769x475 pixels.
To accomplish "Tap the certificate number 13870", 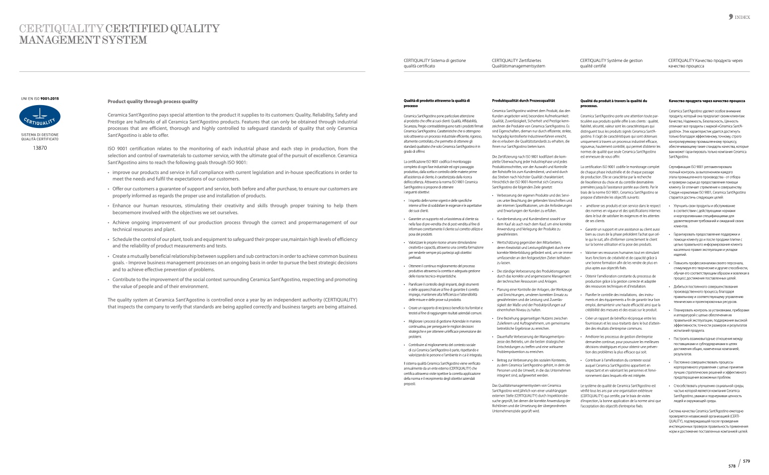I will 40,148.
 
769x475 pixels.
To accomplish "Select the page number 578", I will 732,466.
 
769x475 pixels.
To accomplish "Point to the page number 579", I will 746,461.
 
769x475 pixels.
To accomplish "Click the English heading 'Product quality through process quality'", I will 152,102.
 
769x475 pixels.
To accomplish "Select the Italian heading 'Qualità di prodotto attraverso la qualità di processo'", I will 437,103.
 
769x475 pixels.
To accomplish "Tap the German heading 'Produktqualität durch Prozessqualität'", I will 523,101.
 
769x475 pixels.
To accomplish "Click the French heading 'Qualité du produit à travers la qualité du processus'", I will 614,103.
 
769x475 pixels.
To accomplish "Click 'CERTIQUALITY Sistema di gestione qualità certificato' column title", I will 435,63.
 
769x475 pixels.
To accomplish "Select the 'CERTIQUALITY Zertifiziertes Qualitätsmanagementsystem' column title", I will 518,63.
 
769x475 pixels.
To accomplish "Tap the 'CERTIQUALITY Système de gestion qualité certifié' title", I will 611,63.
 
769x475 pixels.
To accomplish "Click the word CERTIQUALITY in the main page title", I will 61,29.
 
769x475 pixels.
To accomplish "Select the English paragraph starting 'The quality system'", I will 232,303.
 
